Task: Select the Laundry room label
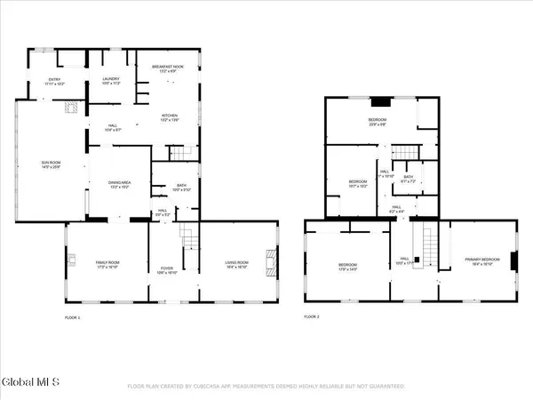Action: click(x=111, y=80)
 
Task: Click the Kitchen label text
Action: click(x=170, y=116)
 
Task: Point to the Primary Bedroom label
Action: click(x=482, y=260)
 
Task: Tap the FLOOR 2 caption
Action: click(x=312, y=316)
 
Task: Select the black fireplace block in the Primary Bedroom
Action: click(x=513, y=260)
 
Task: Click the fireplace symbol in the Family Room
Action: click(x=72, y=261)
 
